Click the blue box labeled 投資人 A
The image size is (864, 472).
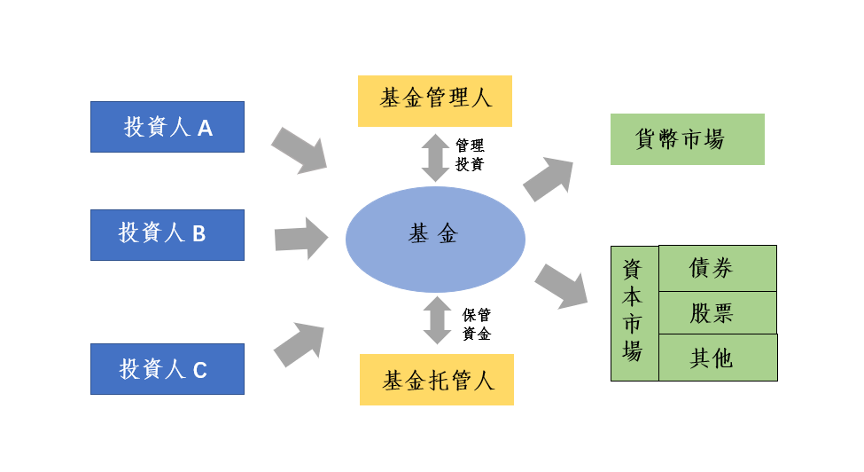click(167, 127)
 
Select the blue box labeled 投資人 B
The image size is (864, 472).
click(167, 234)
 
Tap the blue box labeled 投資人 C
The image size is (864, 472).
click(167, 368)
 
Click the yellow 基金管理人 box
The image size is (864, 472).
click(435, 100)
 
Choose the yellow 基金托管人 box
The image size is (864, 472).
click(437, 380)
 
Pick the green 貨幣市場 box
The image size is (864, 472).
click(687, 139)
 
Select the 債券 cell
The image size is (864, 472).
click(718, 268)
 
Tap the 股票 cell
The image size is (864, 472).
click(718, 312)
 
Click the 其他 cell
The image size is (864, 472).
click(718, 358)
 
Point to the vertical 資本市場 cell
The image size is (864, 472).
click(634, 312)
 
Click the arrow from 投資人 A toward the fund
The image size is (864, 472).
click(300, 149)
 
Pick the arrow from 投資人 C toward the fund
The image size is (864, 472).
click(300, 343)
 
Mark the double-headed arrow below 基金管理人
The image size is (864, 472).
click(435, 157)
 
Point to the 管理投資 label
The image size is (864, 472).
click(470, 154)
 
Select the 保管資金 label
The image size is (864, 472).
click(477, 325)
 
